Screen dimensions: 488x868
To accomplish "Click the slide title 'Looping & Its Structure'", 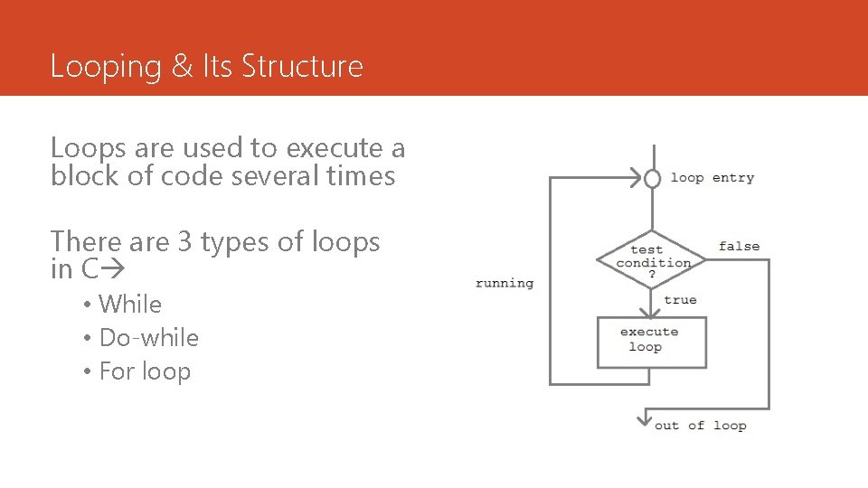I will pos(206,66).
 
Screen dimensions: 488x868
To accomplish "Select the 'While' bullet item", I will pos(130,305).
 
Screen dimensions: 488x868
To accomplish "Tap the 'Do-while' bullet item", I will pos(148,338).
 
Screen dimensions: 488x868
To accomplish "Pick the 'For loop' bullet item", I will pos(145,371).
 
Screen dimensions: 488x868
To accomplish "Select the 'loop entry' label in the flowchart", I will pos(712,178).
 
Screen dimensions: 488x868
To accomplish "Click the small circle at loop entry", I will pos(652,178).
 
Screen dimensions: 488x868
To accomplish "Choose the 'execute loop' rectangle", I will pos(651,341).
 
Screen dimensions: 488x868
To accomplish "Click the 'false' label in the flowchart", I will pos(739,246).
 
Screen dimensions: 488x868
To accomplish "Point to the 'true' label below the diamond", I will pos(680,300).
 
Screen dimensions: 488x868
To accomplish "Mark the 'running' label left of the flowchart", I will pos(505,283).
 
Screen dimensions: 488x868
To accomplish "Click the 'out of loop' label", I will pos(700,426).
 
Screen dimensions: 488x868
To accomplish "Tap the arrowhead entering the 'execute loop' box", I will pos(652,310).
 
